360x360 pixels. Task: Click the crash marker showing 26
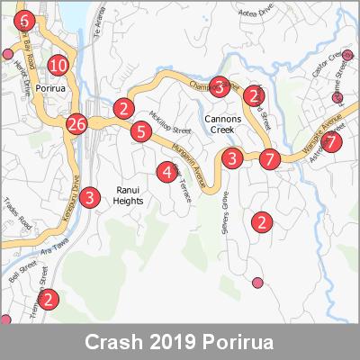(76, 124)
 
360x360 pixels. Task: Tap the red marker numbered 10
(58, 65)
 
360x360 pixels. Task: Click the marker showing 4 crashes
(166, 172)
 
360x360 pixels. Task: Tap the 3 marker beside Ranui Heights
(89, 198)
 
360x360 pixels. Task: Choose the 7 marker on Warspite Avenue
(332, 142)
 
